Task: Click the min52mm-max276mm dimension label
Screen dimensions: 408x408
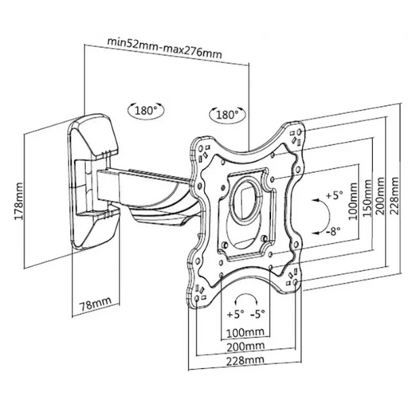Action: (164, 48)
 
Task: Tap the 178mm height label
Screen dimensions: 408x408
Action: (19, 201)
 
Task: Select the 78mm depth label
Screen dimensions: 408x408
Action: (96, 304)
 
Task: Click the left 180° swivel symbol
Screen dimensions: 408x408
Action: (146, 110)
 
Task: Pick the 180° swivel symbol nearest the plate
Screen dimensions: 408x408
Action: (228, 115)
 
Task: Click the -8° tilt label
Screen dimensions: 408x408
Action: (333, 231)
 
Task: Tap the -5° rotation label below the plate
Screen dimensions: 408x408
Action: (257, 314)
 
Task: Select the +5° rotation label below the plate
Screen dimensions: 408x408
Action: (236, 314)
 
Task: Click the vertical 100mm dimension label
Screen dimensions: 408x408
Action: (353, 201)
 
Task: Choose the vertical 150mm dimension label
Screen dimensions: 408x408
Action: (367, 198)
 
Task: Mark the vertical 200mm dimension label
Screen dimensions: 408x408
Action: (380, 196)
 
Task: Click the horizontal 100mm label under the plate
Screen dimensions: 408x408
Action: (245, 332)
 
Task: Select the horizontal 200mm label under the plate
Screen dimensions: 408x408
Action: (245, 346)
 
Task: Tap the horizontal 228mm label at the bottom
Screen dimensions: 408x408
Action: (245, 360)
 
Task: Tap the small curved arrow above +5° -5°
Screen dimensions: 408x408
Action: (247, 295)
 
